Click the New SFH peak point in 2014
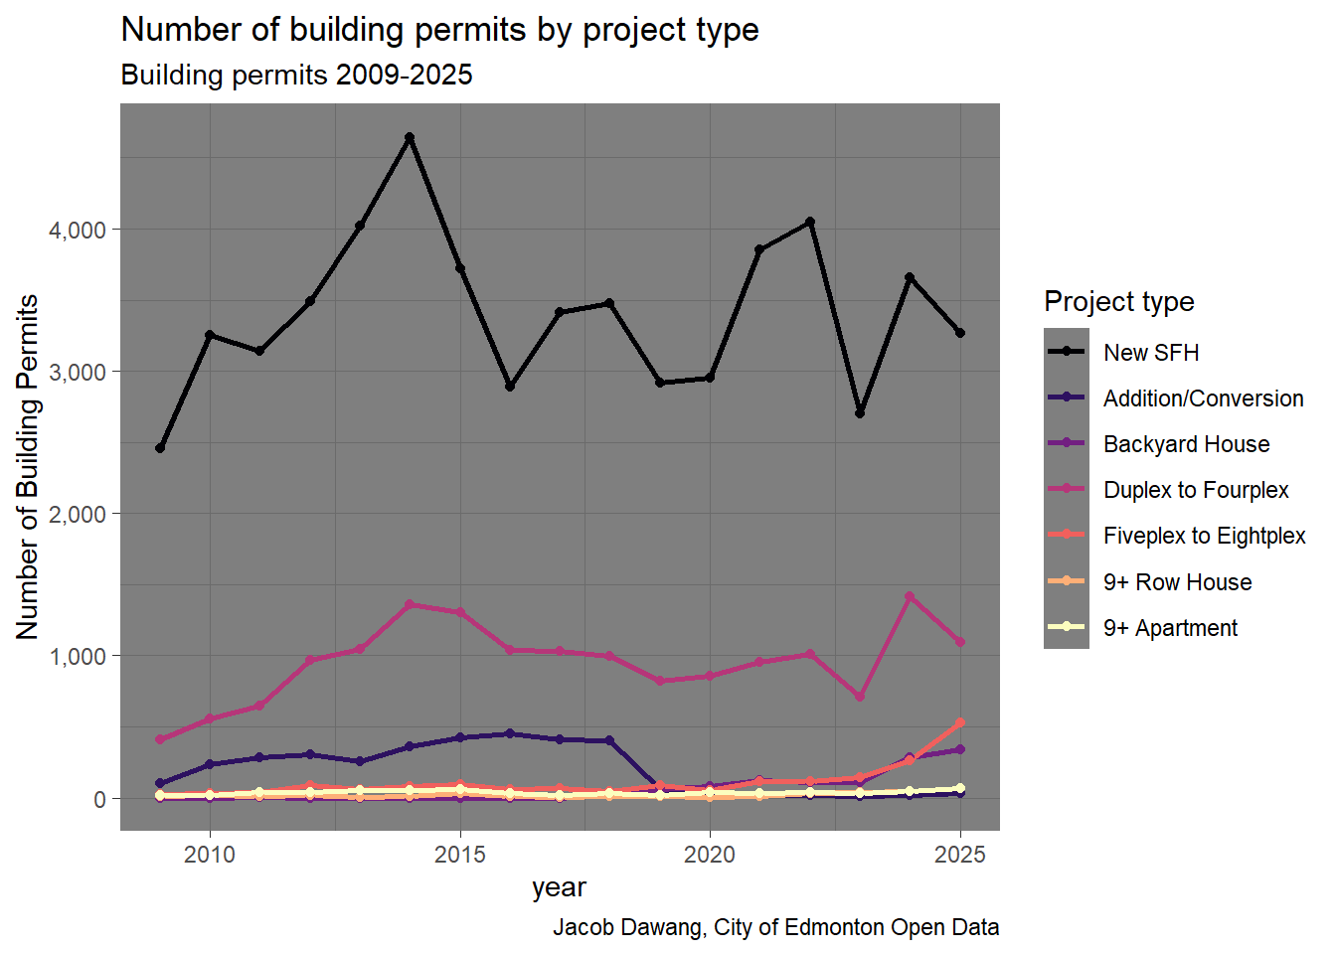410,137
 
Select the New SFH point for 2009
160,448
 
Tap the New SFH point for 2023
860,412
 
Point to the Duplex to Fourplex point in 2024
910,596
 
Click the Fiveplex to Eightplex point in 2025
960,722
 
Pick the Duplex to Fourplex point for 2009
160,739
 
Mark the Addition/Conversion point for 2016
510,733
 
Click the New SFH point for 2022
810,222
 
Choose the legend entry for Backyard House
1186,444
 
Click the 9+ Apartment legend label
1170,628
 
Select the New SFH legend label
1151,353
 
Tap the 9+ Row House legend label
1177,582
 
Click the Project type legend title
1119,301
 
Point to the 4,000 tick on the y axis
78,230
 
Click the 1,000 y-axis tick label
78,656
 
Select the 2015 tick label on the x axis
460,855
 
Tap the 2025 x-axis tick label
960,855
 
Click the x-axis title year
559,887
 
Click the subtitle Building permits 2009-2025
296,76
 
